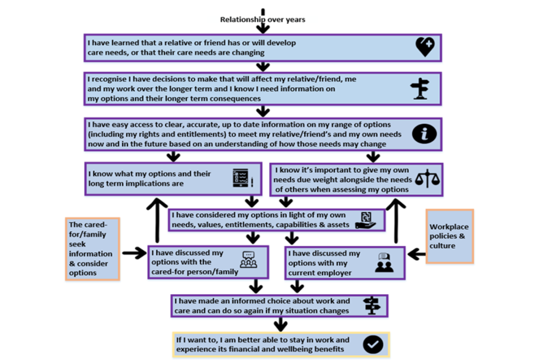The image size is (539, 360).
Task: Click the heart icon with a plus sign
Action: (425, 47)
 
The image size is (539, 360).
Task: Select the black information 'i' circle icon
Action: (424, 134)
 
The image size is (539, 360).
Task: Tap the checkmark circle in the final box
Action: (373, 344)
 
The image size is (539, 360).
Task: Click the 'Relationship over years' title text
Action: (263, 20)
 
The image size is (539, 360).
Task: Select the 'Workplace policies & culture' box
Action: (449, 236)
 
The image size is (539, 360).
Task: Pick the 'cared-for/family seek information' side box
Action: (92, 249)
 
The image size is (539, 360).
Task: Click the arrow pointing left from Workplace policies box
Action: (416, 254)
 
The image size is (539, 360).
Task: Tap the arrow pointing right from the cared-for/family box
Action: (134, 254)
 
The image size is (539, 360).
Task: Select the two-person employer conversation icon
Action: (385, 263)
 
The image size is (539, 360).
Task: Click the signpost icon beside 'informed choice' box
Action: (372, 305)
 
